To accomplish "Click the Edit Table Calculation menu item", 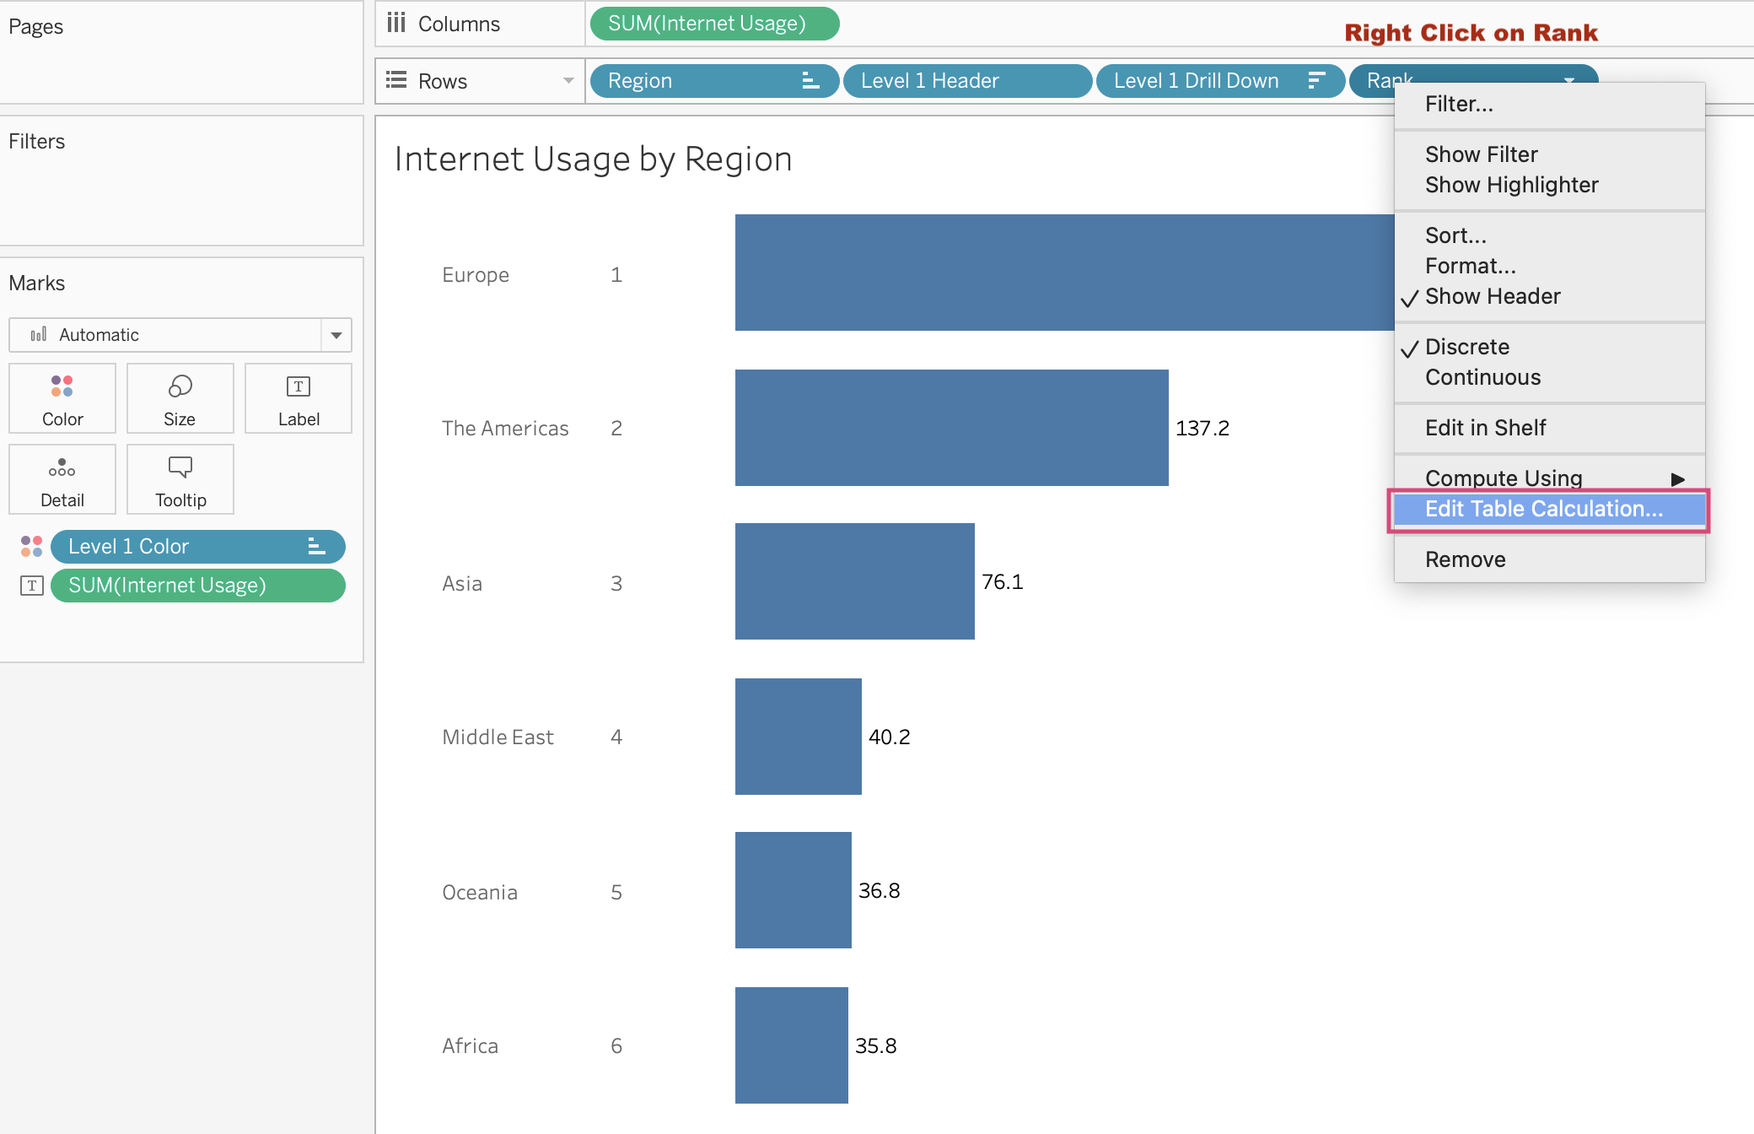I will click(1543, 509).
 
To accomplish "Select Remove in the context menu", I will click(1465, 559).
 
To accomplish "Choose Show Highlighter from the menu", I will click(1511, 185).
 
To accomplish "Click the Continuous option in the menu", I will click(1482, 377).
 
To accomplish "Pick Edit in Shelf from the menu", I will click(1485, 428).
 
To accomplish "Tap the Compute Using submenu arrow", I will click(1677, 479).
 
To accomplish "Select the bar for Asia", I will click(854, 581).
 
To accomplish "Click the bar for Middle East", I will click(798, 737).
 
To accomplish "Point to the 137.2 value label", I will click(1202, 429).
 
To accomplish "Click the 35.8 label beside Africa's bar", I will click(875, 1046).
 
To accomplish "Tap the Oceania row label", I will click(479, 893).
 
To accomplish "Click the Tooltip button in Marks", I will click(180, 479).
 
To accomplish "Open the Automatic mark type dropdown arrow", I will click(336, 335).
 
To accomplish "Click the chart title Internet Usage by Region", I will click(593, 159).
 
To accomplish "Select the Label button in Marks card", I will click(299, 398).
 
